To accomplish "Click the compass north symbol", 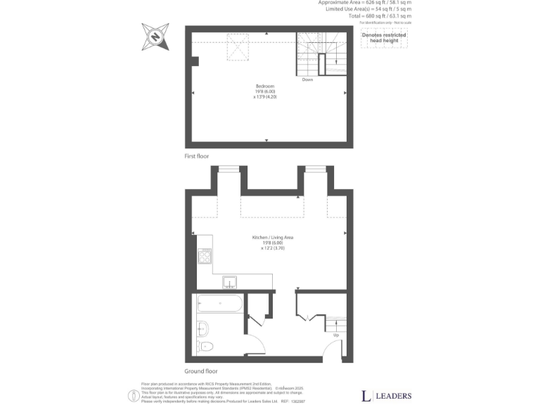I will tap(155, 36).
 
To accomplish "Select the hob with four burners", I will tap(205, 256).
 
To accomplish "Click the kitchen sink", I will tap(231, 283).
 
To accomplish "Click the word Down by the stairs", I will tap(307, 79).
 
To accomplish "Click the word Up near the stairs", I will tap(336, 335).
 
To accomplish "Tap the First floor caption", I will tap(197, 155).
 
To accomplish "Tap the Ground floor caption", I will tap(201, 371).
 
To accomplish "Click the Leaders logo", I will tap(386, 395).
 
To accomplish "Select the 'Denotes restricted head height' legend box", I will tap(384, 38).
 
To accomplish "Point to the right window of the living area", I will tap(314, 169).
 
